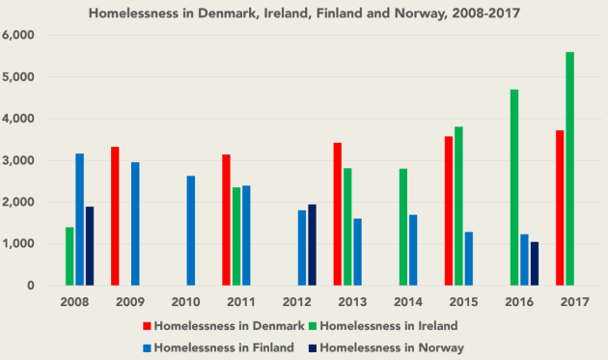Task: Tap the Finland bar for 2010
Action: point(191,231)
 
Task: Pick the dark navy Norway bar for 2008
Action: point(90,246)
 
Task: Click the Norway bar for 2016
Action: point(535,263)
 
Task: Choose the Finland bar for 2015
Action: point(469,259)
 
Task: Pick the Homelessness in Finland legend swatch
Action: point(146,346)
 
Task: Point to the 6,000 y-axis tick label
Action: point(19,35)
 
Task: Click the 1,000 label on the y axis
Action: point(19,244)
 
